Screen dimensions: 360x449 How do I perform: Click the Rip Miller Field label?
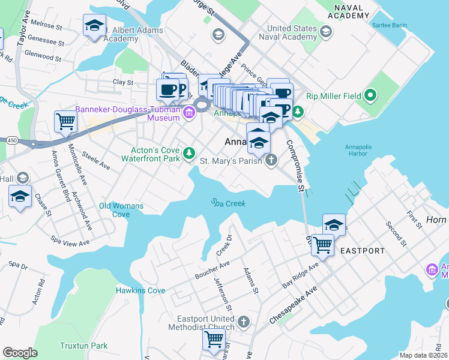pyautogui.click(x=334, y=95)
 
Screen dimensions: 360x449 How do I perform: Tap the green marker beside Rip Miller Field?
pyautogui.click(x=370, y=95)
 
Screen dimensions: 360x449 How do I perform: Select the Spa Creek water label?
pyautogui.click(x=229, y=203)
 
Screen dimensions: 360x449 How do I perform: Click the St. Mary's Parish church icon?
pyautogui.click(x=271, y=160)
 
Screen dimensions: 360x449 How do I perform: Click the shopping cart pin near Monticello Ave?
pyautogui.click(x=65, y=122)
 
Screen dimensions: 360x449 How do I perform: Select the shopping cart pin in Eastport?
pyautogui.click(x=323, y=245)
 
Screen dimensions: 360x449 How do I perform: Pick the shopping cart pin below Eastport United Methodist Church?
pyautogui.click(x=214, y=339)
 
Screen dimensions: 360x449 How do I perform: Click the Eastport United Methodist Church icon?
pyautogui.click(x=243, y=322)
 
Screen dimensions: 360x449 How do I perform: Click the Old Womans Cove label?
pyautogui.click(x=121, y=210)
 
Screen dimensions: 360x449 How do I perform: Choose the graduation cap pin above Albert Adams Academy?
pyautogui.click(x=94, y=25)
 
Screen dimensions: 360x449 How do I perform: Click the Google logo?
pyautogui.click(x=20, y=353)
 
